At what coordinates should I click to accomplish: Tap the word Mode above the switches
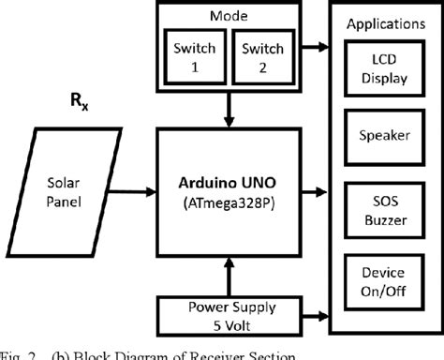229,16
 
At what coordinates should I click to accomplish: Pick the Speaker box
384,136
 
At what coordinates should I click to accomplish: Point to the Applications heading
384,22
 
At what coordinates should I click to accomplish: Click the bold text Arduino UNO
229,182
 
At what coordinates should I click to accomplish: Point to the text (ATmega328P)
229,201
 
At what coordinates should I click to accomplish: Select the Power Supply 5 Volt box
229,312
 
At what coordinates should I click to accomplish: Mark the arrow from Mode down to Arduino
229,112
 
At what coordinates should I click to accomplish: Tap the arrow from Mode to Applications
314,44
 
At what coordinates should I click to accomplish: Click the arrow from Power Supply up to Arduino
229,276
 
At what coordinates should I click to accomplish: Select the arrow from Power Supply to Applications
314,313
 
